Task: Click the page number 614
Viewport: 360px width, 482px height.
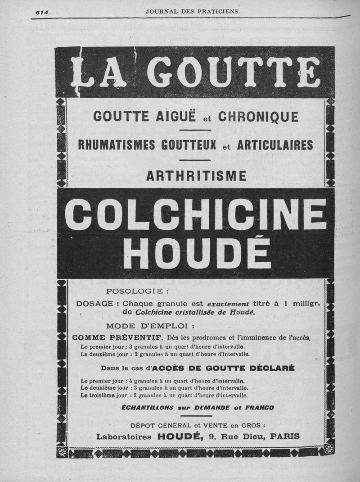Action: [42, 12]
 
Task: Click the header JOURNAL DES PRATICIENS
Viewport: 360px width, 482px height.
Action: [192, 11]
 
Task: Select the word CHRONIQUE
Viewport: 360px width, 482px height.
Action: [258, 117]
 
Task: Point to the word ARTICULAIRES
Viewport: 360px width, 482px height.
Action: [275, 145]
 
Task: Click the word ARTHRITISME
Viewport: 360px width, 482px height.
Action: [196, 176]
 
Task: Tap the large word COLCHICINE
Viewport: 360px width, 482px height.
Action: [196, 214]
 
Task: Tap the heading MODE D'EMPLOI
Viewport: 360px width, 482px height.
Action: [150, 326]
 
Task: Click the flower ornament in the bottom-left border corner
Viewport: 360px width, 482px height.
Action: [63, 452]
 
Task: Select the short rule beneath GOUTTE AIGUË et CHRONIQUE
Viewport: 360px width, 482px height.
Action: [195, 130]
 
